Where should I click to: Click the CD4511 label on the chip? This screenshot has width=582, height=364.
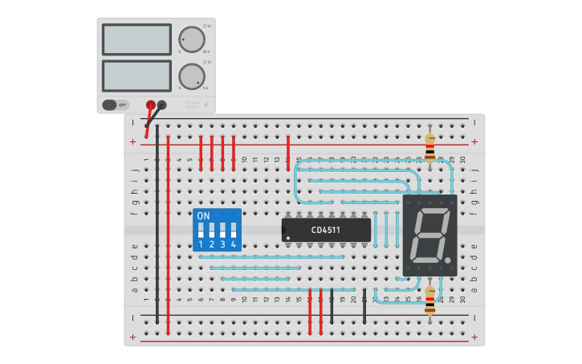[x=326, y=231]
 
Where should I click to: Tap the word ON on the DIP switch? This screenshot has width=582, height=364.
[x=203, y=216]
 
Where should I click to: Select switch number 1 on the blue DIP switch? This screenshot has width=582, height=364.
[x=201, y=230]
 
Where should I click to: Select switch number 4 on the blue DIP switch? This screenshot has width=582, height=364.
[x=233, y=230]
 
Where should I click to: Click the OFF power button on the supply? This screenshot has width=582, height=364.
[x=116, y=104]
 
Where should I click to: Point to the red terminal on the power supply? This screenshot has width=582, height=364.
[x=150, y=104]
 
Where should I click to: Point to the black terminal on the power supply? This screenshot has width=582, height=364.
[x=161, y=104]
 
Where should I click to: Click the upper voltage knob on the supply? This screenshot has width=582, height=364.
[x=191, y=39]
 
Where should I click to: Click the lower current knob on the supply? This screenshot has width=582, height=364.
[x=191, y=76]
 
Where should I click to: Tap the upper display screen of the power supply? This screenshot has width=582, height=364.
[x=136, y=39]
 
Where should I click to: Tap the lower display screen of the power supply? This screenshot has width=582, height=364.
[x=136, y=76]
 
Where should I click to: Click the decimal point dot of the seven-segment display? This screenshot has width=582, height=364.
[x=447, y=260]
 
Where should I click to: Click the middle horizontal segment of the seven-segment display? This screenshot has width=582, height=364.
[x=429, y=235]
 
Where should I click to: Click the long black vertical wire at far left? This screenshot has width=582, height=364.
[x=157, y=225]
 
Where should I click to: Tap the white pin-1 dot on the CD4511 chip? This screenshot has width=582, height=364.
[x=286, y=238]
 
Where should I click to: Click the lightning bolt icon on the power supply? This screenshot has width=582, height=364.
[x=206, y=104]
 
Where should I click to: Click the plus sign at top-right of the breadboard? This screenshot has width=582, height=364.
[x=474, y=141]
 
